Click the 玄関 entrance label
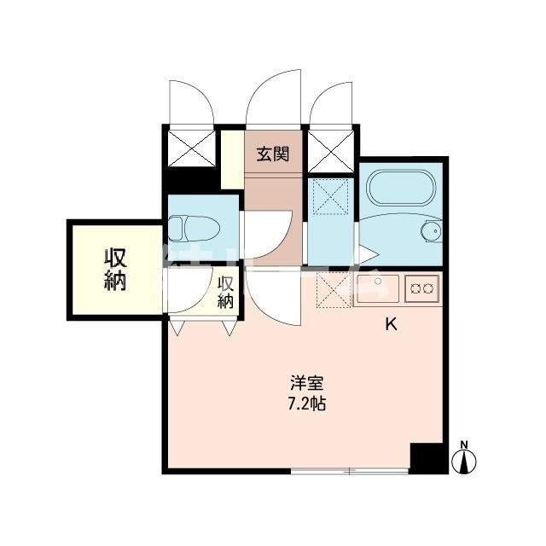pos(273,154)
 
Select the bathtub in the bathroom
pos(398,189)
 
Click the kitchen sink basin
pos(374,287)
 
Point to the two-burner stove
pos(421,288)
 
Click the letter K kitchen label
pos(392,324)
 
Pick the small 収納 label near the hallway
pos(225,292)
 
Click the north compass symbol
pos(465,462)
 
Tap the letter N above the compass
pos(465,444)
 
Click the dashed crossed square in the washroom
pos(328,197)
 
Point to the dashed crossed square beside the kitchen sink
pos(328,289)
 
